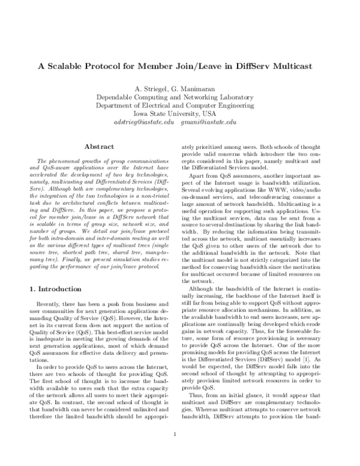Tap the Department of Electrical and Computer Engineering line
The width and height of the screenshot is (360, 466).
click(x=179, y=105)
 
